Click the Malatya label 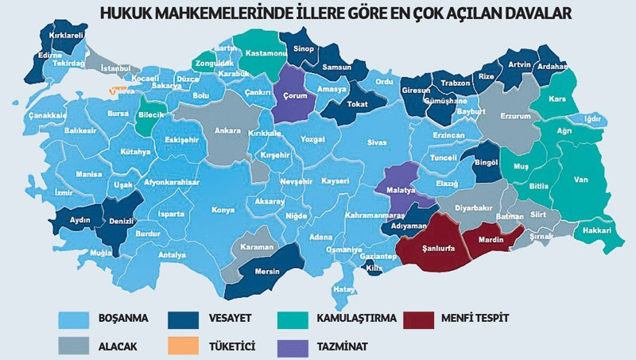click(401, 192)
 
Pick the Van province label click(581, 180)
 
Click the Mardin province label click(491, 239)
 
